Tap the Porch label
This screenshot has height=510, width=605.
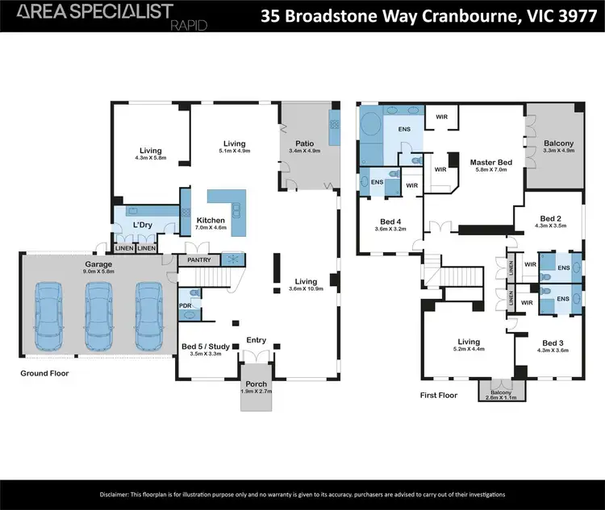click(x=257, y=384)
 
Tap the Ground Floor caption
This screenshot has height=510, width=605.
click(x=45, y=373)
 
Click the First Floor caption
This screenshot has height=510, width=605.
click(x=439, y=395)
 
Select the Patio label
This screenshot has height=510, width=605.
click(x=303, y=143)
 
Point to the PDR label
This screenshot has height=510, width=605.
click(x=186, y=306)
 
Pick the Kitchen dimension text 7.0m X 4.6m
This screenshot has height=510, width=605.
click(x=211, y=228)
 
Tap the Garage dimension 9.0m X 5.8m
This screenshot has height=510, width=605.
click(x=98, y=272)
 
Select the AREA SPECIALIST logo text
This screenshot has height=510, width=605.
click(x=95, y=11)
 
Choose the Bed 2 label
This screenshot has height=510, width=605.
click(x=551, y=219)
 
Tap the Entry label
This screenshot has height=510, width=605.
click(x=257, y=340)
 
